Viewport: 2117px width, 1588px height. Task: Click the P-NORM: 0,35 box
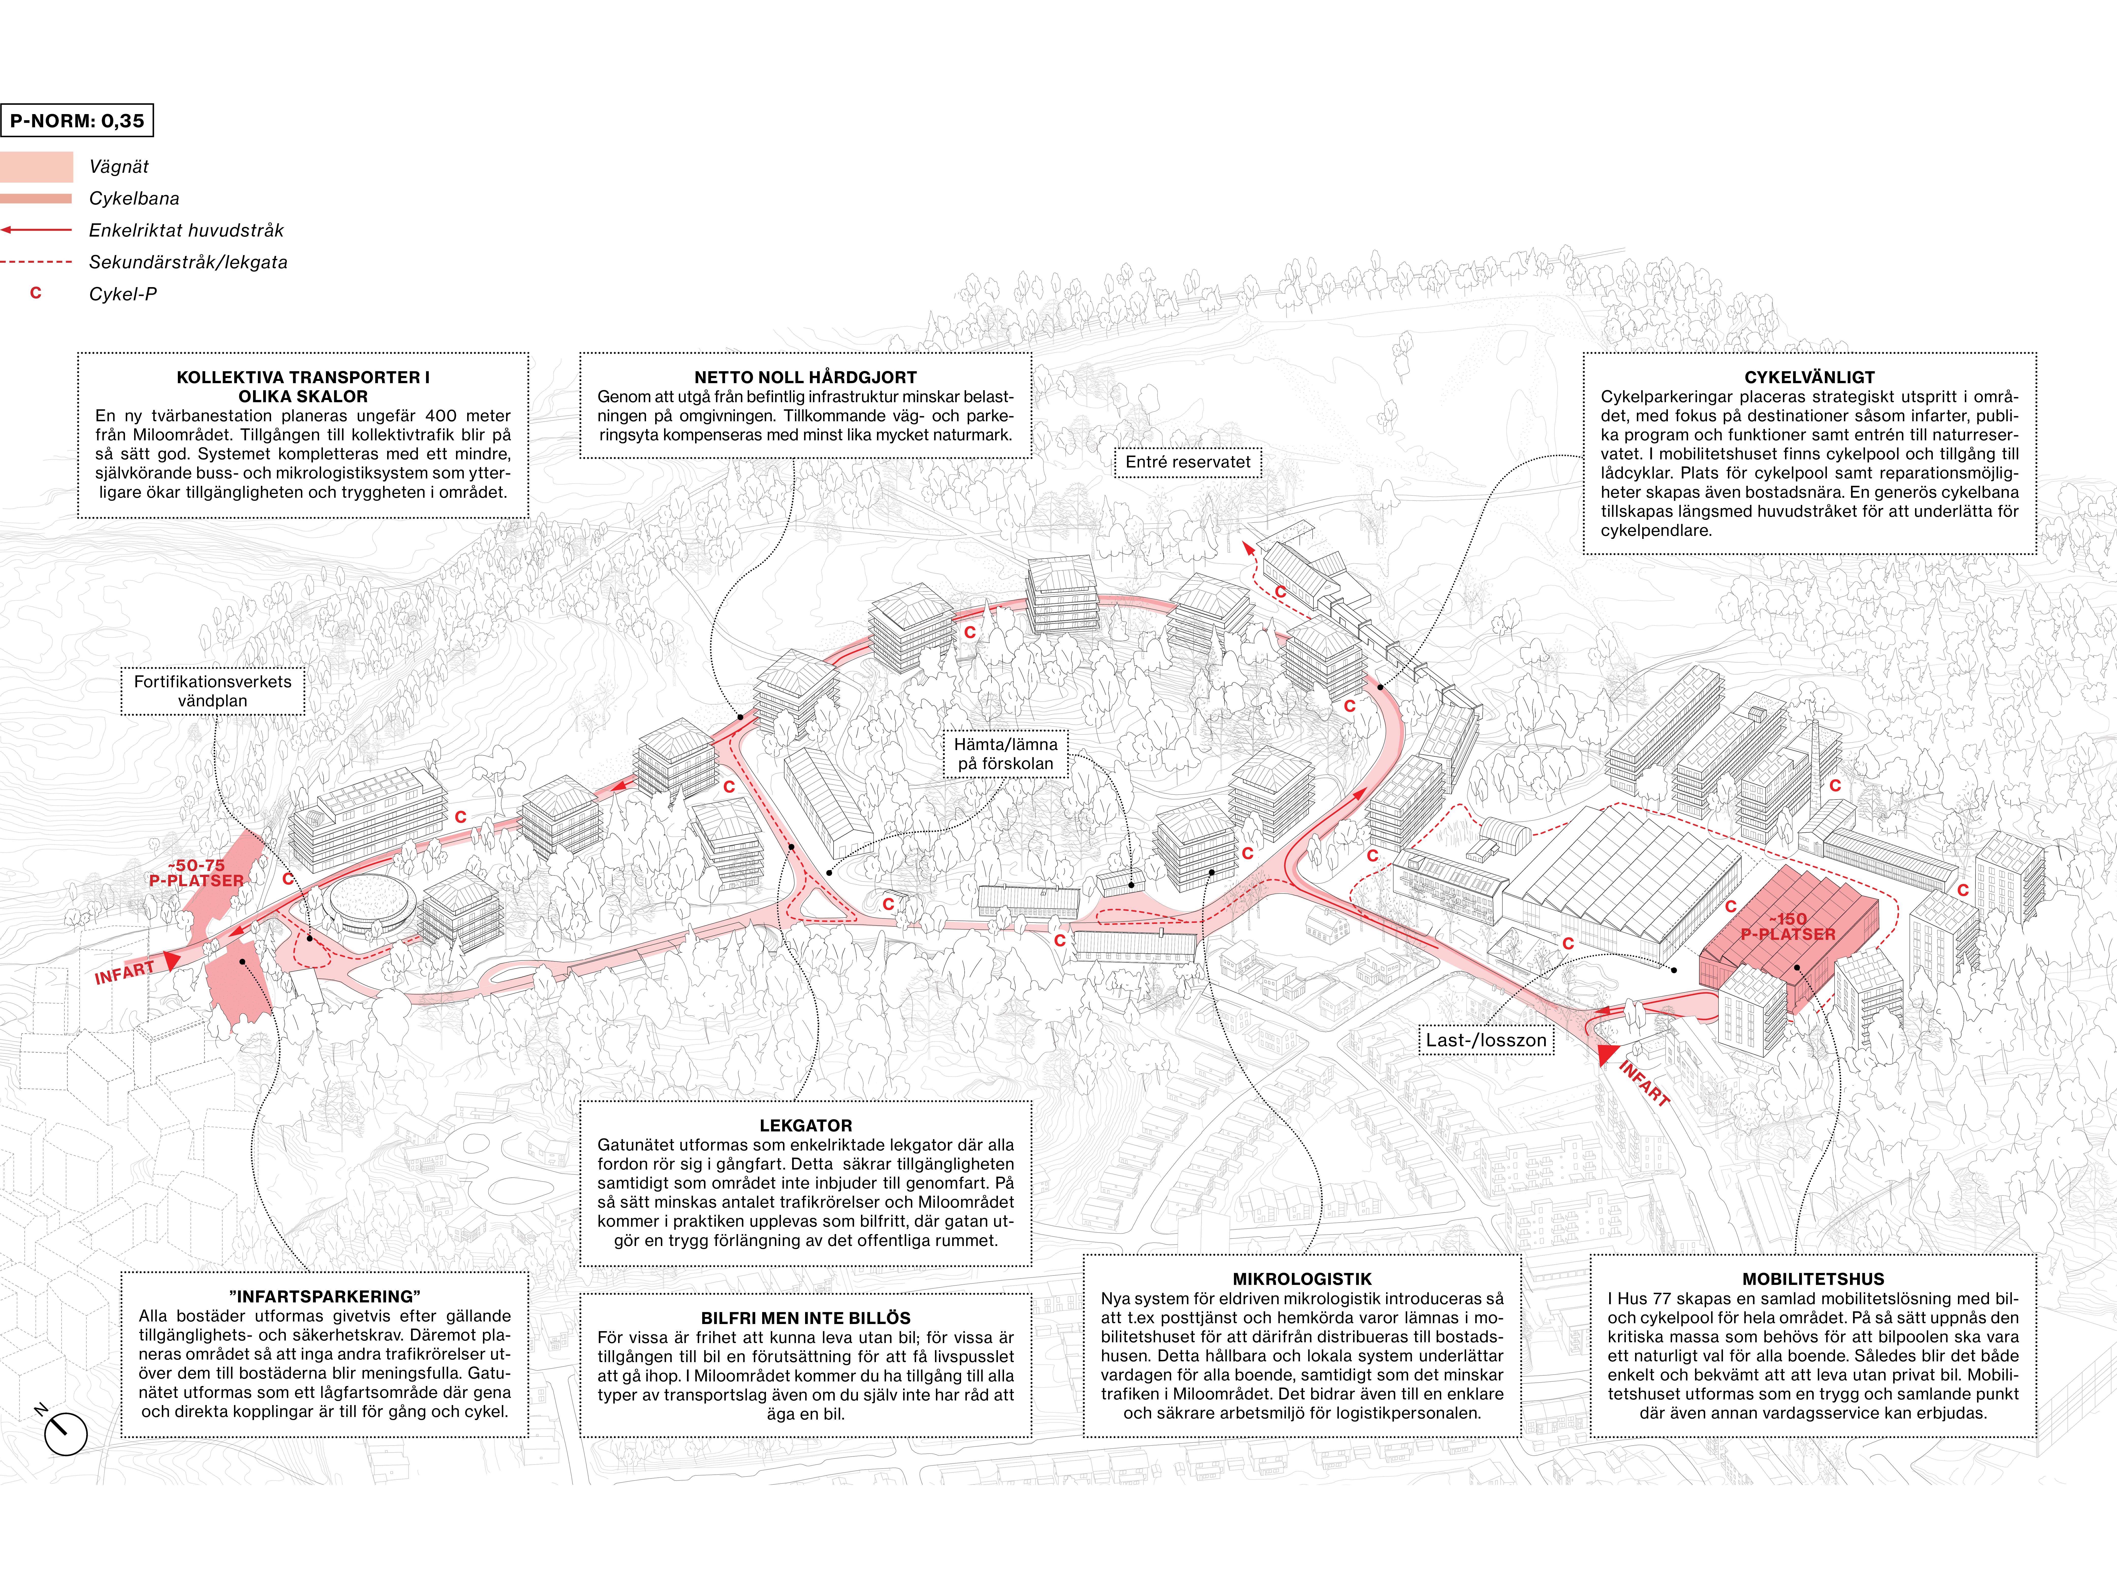tap(76, 121)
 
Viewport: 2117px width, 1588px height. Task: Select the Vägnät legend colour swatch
tap(36, 167)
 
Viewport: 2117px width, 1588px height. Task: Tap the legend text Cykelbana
tap(134, 198)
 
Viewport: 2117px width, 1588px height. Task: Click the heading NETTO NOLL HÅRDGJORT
tap(805, 377)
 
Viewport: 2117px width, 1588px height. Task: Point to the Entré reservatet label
tap(1188, 462)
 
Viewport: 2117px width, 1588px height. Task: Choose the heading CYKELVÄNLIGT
tap(1809, 377)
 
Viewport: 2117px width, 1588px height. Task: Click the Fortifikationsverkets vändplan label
tap(212, 691)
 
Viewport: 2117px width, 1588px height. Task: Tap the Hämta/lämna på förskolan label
tap(1006, 754)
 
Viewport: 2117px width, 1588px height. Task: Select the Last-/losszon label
tap(1486, 1040)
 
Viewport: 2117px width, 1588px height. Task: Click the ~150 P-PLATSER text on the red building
tap(1788, 927)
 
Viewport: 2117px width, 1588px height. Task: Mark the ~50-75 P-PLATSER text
tap(196, 873)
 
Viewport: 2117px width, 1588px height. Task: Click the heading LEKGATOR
tap(805, 1126)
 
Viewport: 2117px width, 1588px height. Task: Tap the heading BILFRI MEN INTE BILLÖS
tap(805, 1318)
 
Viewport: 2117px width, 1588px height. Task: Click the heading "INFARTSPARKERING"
tap(324, 1297)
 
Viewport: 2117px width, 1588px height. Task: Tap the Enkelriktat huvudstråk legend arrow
tap(36, 230)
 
